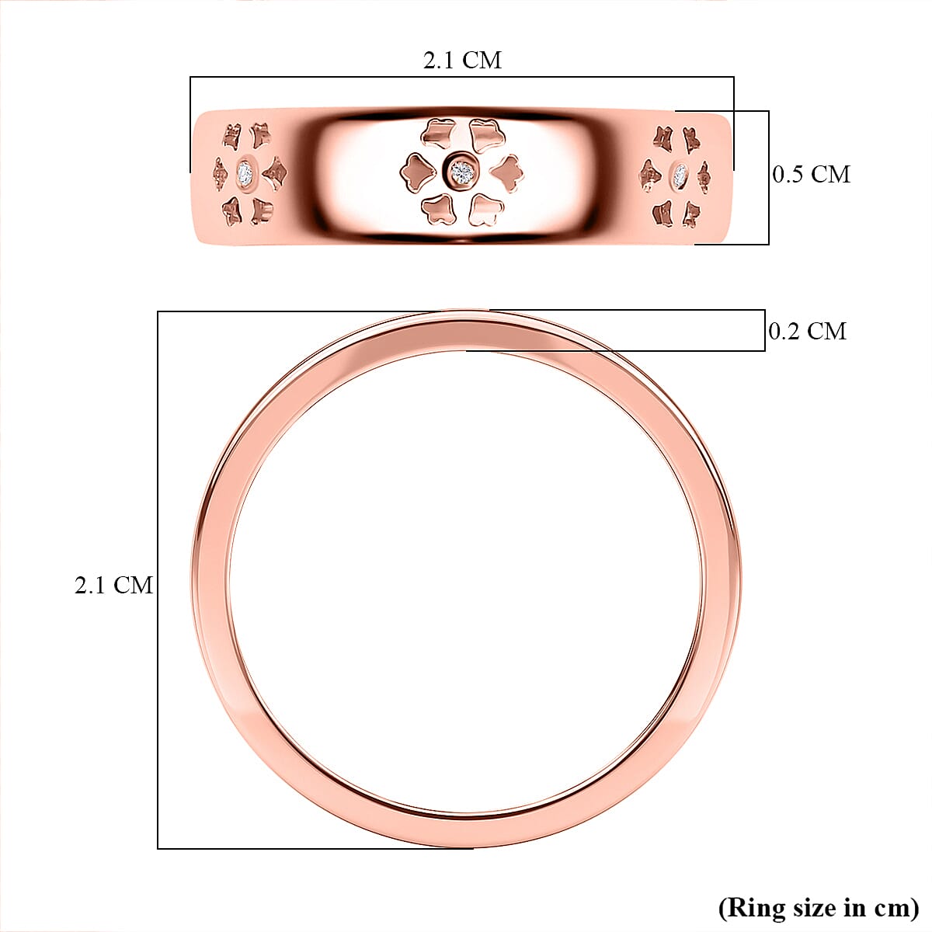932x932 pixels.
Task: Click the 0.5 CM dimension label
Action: point(811,175)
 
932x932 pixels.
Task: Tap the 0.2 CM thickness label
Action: point(807,332)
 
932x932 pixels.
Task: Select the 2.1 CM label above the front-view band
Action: point(462,61)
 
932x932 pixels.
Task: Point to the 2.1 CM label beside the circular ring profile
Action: point(113,586)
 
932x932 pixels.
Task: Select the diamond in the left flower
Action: point(246,172)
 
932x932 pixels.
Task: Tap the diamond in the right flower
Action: point(680,174)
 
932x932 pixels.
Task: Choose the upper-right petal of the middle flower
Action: point(486,134)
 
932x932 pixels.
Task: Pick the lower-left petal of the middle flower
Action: point(438,208)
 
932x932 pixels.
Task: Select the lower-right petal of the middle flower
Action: point(485,209)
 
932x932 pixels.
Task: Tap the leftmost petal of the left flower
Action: point(220,174)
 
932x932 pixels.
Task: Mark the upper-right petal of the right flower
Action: point(691,140)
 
